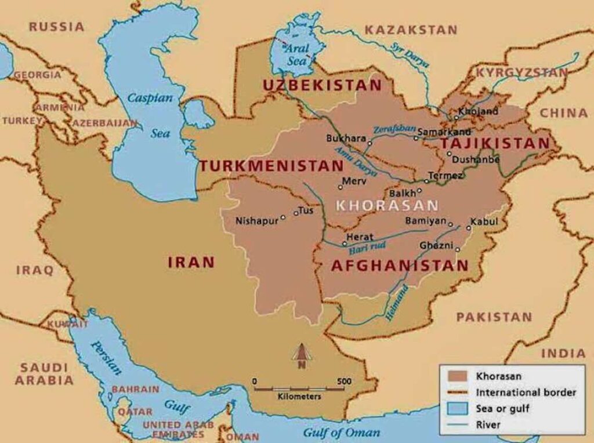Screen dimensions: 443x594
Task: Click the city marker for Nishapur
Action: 283,218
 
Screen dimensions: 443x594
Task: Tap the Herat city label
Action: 360,237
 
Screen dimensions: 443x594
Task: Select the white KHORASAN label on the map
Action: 387,205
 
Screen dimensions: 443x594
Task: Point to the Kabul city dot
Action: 469,228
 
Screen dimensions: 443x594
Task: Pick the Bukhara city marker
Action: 370,143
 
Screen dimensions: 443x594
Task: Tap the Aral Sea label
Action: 296,55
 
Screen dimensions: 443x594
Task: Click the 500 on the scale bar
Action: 344,381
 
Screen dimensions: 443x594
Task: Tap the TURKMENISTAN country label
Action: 271,166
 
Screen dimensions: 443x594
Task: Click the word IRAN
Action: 191,262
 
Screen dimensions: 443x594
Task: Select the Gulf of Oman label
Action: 342,433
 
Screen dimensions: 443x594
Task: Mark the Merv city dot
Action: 341,187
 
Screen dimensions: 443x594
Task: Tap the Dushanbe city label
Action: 476,159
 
